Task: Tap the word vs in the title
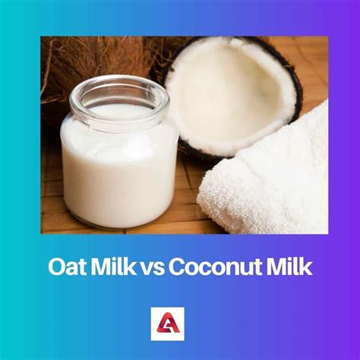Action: coord(153,270)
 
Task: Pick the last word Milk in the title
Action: coord(289,267)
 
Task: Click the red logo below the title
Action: coord(168,324)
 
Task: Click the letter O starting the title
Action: coord(55,267)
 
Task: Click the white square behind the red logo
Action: coord(168,324)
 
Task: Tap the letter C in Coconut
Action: coord(177,267)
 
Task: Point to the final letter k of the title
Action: coord(307,267)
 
